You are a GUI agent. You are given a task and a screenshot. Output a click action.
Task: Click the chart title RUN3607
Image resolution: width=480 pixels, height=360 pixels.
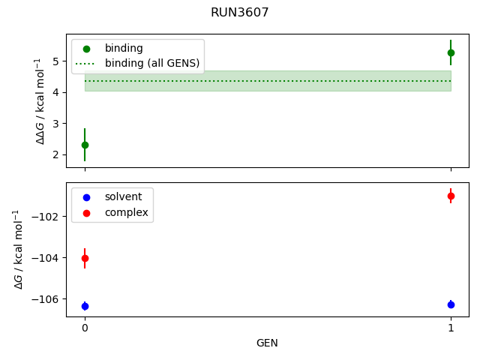tap(240, 13)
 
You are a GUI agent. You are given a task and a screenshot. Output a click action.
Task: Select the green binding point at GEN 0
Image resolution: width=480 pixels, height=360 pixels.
tap(85, 145)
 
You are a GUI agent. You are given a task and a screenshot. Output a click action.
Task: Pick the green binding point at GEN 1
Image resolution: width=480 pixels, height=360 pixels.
tap(451, 52)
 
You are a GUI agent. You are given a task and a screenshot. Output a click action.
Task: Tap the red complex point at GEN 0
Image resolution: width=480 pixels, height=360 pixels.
tap(85, 258)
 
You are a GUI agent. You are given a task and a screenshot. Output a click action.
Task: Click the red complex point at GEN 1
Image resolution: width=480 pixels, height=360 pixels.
tap(451, 196)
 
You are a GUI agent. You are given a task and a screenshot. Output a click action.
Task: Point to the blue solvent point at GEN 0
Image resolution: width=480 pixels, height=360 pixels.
tap(85, 306)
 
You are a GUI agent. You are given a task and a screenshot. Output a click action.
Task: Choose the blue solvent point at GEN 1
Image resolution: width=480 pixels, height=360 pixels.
tap(451, 304)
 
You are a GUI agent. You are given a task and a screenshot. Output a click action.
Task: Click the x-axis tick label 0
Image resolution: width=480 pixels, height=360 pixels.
tap(85, 328)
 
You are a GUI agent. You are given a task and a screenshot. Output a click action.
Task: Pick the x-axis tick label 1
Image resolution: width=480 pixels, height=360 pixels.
tap(451, 328)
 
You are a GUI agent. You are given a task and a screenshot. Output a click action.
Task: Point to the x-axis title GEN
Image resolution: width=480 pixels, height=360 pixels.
tap(268, 343)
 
